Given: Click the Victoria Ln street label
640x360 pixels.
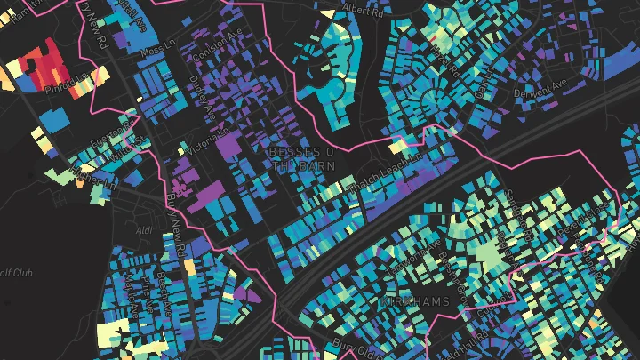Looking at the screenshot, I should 211,140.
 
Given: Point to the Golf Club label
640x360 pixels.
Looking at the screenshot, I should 15,273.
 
